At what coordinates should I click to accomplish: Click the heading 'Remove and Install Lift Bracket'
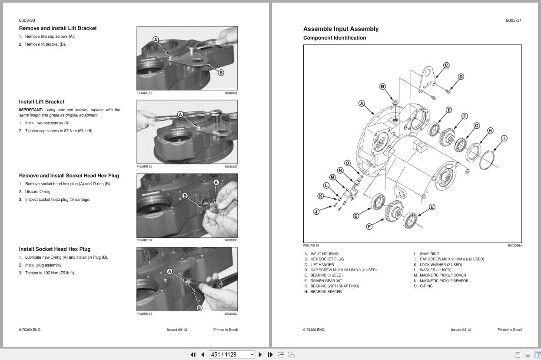(58, 28)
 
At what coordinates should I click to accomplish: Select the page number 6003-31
(514, 20)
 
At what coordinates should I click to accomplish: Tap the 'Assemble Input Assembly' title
(341, 29)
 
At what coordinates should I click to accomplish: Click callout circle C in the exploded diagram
(446, 65)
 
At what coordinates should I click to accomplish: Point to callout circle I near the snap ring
(504, 138)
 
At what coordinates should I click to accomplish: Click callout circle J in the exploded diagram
(316, 212)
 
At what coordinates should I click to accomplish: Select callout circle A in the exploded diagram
(362, 103)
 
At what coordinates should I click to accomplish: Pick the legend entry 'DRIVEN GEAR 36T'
(326, 281)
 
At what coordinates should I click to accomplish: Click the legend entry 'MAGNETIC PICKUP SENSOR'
(444, 281)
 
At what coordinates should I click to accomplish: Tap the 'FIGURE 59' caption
(311, 246)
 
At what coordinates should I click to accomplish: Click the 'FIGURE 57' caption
(145, 240)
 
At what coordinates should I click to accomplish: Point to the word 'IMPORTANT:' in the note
(31, 110)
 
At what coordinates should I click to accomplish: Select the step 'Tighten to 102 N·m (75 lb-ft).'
(50, 273)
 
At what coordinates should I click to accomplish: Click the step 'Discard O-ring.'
(38, 192)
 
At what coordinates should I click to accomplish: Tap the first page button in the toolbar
(193, 354)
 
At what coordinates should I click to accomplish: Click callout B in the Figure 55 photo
(221, 73)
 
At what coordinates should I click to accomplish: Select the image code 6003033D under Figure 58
(231, 314)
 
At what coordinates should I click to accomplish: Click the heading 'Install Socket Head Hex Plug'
(55, 249)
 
